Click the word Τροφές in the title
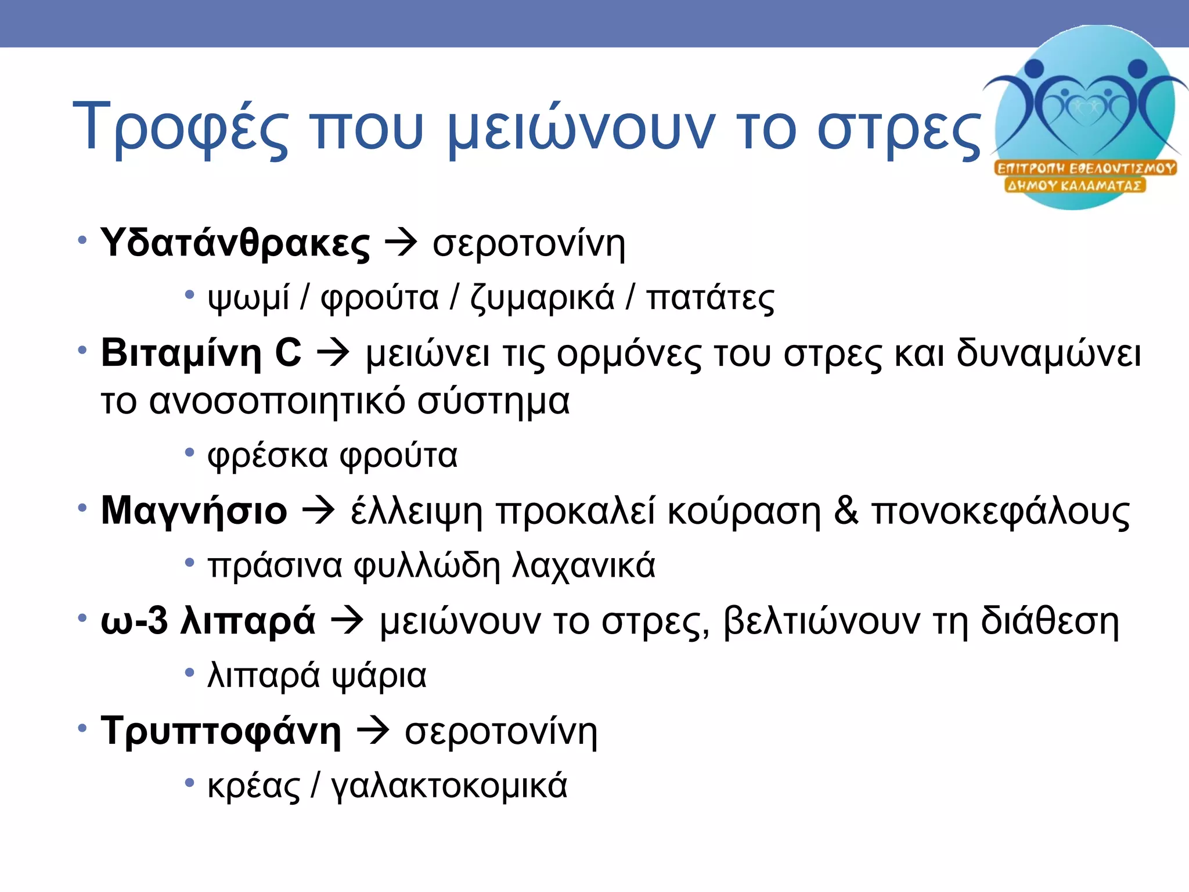[181, 127]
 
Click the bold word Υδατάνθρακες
[235, 243]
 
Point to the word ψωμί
[248, 298]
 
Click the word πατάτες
[710, 298]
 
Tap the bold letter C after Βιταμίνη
[288, 353]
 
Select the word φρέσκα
[268, 455]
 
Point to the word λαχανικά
[583, 565]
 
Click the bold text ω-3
[134, 621]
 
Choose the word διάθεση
[1050, 621]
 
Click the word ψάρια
[379, 675]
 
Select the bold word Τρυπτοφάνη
[221, 731]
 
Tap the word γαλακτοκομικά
[449, 786]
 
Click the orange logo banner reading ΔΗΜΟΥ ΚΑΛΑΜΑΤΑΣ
[1075, 186]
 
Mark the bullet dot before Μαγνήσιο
[82, 508]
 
